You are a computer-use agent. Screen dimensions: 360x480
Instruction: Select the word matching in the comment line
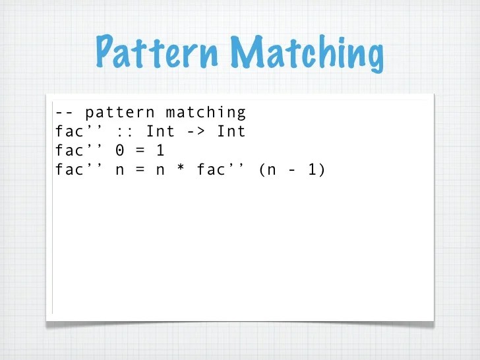click(x=205, y=113)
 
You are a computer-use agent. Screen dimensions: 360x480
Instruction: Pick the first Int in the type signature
click(x=160, y=132)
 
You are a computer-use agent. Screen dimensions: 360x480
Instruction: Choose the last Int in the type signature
click(x=231, y=132)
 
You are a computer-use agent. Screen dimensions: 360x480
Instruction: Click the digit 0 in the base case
click(x=119, y=151)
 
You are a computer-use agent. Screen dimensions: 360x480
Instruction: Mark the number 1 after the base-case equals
click(x=160, y=151)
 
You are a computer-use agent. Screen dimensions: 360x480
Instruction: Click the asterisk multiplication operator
click(x=180, y=170)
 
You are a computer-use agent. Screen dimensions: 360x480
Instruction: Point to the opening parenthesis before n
click(x=262, y=170)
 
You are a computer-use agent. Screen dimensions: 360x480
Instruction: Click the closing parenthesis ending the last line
click(x=322, y=170)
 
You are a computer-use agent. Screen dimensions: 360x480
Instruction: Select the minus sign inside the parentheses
click(x=291, y=170)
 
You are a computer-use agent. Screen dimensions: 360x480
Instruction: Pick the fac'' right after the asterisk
click(x=220, y=169)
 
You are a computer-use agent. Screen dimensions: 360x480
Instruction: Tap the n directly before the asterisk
click(x=160, y=171)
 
